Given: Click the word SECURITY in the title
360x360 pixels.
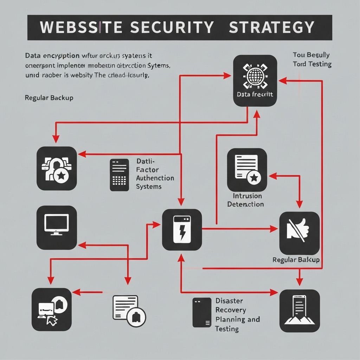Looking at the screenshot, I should coord(172,27).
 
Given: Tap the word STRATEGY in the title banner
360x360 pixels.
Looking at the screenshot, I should coord(271,27).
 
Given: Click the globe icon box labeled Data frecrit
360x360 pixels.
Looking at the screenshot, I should coord(255,81).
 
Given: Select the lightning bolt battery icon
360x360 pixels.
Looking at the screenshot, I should coord(182,230).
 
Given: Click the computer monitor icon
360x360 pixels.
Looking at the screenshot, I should coord(57,227).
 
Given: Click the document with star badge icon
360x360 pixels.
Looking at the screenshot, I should coord(247,170).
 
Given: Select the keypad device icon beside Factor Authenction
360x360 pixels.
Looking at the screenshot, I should coord(119,175).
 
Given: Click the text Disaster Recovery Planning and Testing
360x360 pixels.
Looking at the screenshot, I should coord(237,315).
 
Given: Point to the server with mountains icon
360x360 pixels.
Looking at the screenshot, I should coord(300,311).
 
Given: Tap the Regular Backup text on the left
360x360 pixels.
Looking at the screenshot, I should coord(49,98).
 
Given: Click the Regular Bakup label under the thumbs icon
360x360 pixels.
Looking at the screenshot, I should coord(296,260).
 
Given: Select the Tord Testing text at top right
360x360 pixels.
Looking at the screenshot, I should coord(312,64).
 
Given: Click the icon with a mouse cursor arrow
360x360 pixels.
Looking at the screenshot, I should coord(52,309).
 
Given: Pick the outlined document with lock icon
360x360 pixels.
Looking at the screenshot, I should coord(129,309).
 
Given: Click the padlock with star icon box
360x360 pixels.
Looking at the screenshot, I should coord(57,168).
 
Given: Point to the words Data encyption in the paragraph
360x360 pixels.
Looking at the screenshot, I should coord(52,56).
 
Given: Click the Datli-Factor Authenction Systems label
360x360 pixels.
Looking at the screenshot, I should coord(155,174).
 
